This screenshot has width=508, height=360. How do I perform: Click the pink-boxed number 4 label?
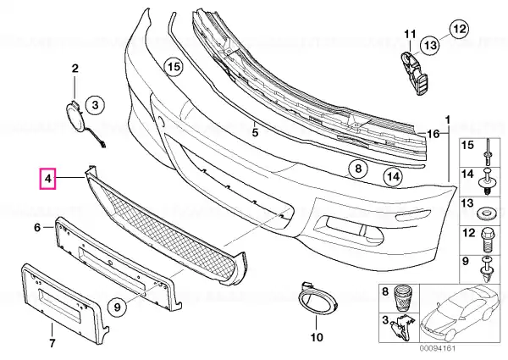[x=47, y=179]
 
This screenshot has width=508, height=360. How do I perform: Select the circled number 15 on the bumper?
[x=174, y=67]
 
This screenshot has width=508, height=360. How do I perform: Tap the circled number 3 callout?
[x=95, y=105]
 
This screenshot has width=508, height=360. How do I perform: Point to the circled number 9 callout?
[x=117, y=306]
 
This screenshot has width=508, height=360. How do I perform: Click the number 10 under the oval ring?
[x=317, y=337]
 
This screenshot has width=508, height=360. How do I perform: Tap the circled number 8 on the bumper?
[x=357, y=169]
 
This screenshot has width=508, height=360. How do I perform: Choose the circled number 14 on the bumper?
[x=393, y=177]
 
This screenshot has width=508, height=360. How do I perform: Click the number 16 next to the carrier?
[x=433, y=134]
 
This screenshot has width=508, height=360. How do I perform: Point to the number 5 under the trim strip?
[x=255, y=132]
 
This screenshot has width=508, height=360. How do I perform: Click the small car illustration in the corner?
[x=460, y=314]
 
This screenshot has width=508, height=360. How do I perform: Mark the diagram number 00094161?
[x=438, y=349]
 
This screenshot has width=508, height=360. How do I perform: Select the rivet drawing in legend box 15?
[x=488, y=152]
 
